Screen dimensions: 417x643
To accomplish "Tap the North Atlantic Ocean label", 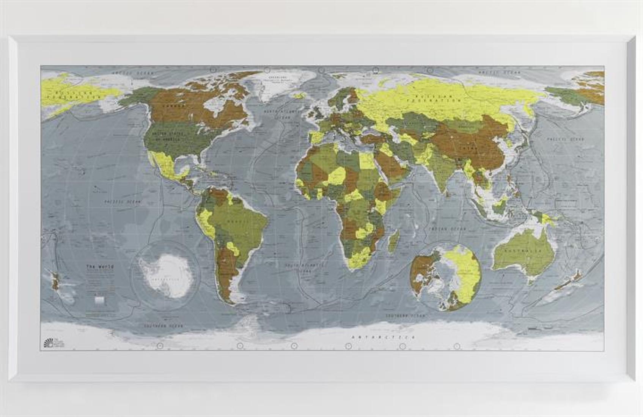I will [x=278, y=114].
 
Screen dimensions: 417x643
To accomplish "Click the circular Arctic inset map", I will [x=446, y=276].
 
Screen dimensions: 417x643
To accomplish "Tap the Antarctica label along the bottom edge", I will [x=383, y=337].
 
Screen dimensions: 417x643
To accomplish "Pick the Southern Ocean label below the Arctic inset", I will [x=405, y=316].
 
